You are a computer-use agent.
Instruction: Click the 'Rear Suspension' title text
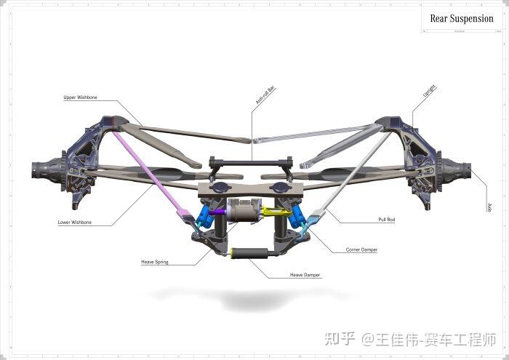[x=461, y=19]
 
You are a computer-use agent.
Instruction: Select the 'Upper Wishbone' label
[x=80, y=97]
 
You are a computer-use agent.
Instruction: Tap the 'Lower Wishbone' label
[x=75, y=223]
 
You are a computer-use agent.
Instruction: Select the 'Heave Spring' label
[x=155, y=262]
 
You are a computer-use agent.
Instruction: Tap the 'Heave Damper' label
[x=305, y=276]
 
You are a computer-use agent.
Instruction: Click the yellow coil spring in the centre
[x=273, y=212]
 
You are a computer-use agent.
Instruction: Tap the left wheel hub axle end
[x=39, y=173]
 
